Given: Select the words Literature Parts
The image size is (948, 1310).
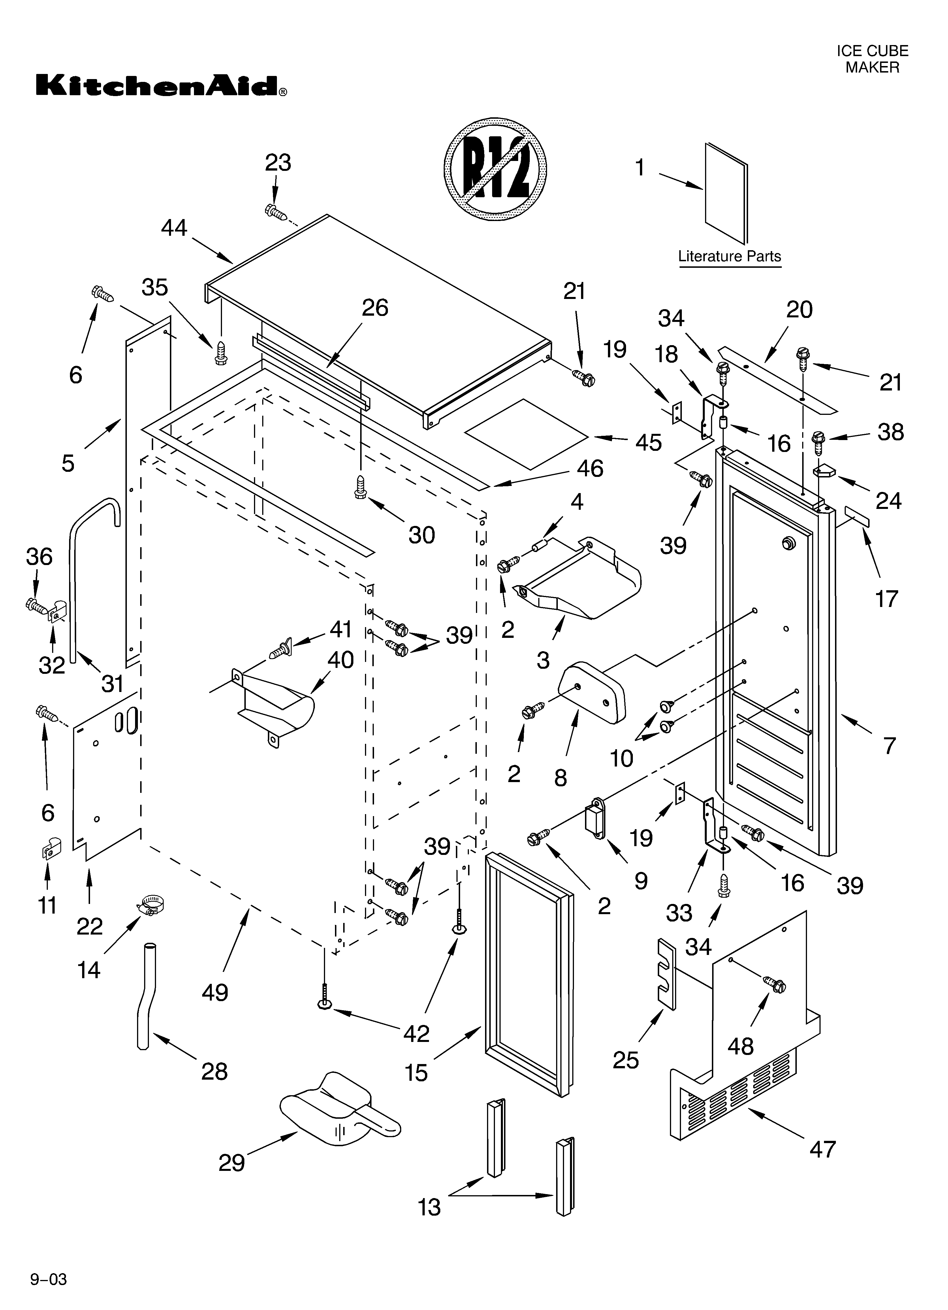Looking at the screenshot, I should coord(729,256).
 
